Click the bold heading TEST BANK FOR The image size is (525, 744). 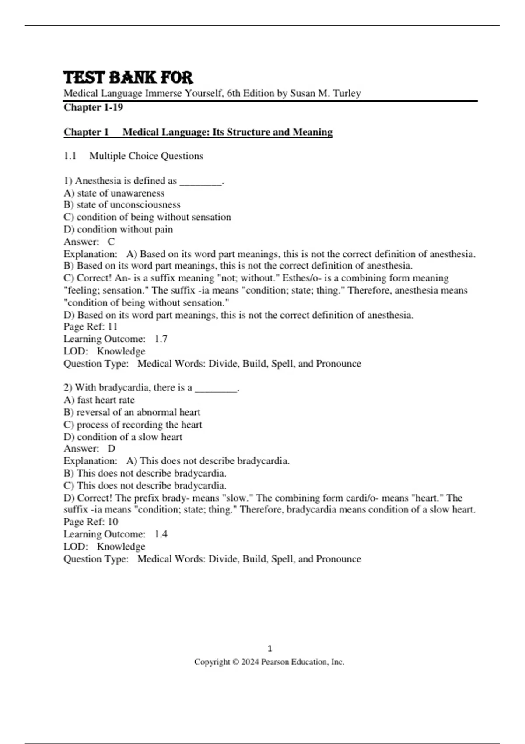click(128, 78)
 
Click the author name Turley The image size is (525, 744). click(346, 93)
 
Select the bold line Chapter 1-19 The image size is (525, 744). click(93, 107)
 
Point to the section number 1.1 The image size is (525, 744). click(70, 156)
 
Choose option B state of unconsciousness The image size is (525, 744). click(122, 205)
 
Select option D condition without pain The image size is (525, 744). click(118, 229)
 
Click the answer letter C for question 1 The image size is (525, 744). click(111, 242)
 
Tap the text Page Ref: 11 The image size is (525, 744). click(91, 326)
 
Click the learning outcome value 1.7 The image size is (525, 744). click(161, 339)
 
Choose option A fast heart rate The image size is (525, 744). click(99, 400)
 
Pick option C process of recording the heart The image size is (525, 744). click(133, 425)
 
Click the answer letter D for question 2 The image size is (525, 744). click(111, 449)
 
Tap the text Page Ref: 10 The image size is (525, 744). click(91, 522)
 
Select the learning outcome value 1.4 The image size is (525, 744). click(161, 534)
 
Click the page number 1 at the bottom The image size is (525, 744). click(269, 649)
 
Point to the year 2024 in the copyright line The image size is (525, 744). click(250, 662)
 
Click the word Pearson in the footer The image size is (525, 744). click(275, 662)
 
